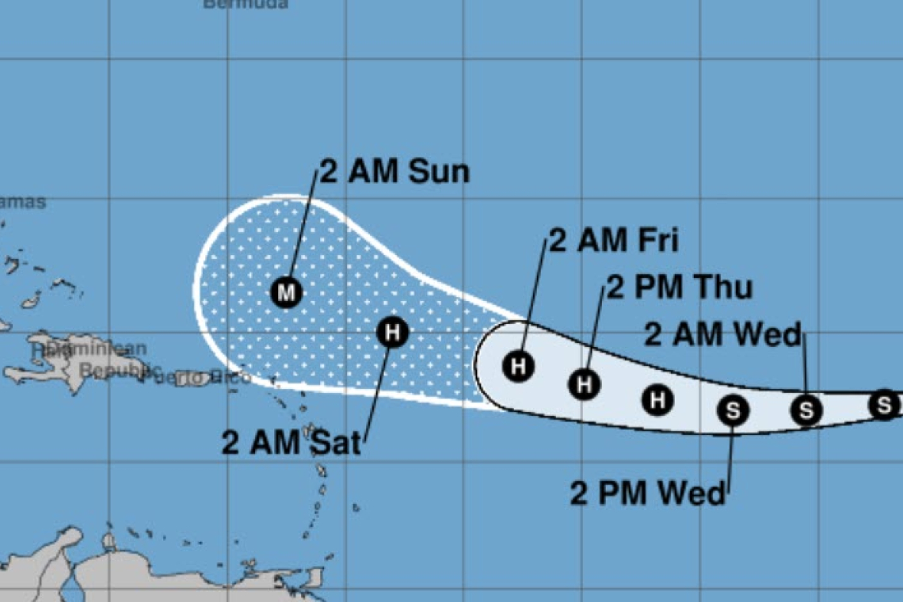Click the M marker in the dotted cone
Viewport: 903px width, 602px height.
[x=287, y=292]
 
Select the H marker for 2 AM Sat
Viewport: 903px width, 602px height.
[x=391, y=332]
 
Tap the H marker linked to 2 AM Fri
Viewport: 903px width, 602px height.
[x=519, y=366]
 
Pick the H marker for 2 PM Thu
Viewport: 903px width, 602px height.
[x=585, y=384]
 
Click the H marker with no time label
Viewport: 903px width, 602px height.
[x=657, y=399]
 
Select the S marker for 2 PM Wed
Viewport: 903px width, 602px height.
[x=733, y=410]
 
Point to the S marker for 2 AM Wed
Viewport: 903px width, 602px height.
[x=806, y=410]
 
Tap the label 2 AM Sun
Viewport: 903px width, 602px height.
[x=394, y=172]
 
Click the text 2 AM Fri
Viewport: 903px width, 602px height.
[x=614, y=240]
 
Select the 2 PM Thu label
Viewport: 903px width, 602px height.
[x=679, y=288]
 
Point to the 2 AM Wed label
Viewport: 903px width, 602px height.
[x=722, y=335]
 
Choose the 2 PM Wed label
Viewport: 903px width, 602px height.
[x=647, y=494]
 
